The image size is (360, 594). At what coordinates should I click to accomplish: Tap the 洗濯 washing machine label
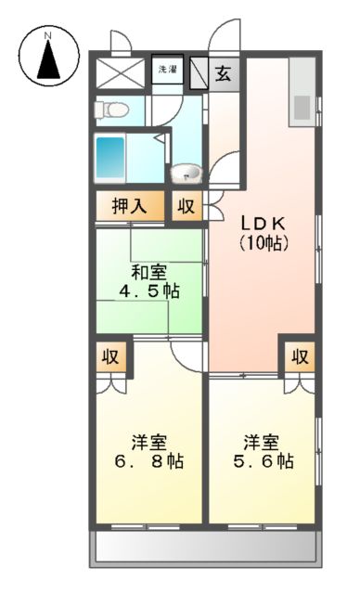(168, 70)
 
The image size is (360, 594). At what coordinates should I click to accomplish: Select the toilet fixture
(112, 110)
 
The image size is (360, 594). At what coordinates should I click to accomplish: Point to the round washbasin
(186, 174)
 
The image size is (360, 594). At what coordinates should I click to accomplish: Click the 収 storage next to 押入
(186, 206)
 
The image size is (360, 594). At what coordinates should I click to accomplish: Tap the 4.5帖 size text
(148, 291)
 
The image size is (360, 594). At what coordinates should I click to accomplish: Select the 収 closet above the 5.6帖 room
(298, 356)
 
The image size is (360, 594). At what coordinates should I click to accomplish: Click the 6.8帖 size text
(148, 459)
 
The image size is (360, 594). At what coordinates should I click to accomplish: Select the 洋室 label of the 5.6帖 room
(264, 440)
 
